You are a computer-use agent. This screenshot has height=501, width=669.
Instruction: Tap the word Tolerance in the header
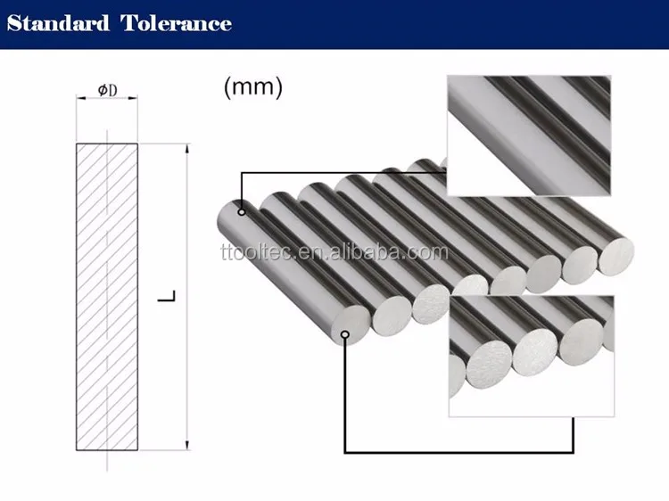(x=176, y=23)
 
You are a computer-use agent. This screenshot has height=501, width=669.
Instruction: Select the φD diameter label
(x=107, y=90)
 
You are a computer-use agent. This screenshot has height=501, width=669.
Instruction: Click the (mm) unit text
(x=252, y=87)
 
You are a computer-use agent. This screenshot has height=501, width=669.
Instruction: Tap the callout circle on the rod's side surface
(x=241, y=212)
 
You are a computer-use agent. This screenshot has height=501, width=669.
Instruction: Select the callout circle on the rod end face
(x=345, y=334)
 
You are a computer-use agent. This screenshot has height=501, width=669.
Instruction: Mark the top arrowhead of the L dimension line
(x=186, y=147)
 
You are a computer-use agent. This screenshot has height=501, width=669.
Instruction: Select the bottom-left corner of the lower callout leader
(x=345, y=453)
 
